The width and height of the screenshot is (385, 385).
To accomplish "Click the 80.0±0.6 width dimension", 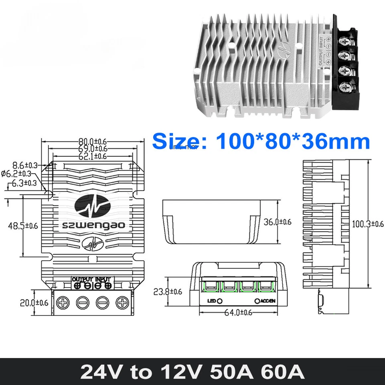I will [x=93, y=142].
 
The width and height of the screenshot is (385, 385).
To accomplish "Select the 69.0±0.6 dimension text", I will [x=93, y=149].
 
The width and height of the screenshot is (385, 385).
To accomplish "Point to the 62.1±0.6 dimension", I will [x=93, y=156].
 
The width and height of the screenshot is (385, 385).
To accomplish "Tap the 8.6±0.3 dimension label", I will [x=25, y=165].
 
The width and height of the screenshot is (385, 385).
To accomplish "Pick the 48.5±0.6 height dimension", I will [x=23, y=226].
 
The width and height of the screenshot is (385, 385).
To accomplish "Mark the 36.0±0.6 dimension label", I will [x=278, y=222].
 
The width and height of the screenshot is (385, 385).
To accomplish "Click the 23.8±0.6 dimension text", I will [x=168, y=292].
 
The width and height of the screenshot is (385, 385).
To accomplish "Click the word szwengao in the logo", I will [x=92, y=225].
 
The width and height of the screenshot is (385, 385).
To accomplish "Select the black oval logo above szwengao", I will [x=93, y=207].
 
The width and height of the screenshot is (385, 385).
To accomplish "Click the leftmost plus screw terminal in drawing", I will [x=64, y=302].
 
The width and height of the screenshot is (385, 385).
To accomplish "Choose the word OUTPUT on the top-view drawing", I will [x=83, y=279].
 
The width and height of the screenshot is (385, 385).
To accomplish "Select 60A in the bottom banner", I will [x=280, y=372].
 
